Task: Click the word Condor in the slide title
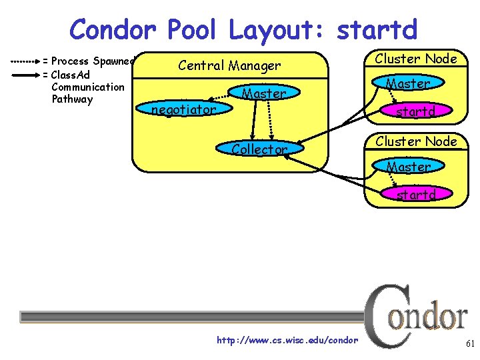coord(113,29)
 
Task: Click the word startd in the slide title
coord(377,30)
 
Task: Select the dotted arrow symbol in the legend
coord(27,60)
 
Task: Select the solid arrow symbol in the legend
coord(27,74)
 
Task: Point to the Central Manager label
coord(229,65)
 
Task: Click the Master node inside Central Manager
coord(264,94)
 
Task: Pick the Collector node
coord(259,150)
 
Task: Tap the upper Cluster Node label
coord(416,59)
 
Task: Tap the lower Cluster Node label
coord(416,141)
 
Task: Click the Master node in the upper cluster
coord(408,84)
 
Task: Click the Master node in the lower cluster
coord(408,167)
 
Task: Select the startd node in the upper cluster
coord(415,112)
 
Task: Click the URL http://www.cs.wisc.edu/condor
coord(287,341)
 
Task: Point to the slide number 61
coord(469,344)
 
